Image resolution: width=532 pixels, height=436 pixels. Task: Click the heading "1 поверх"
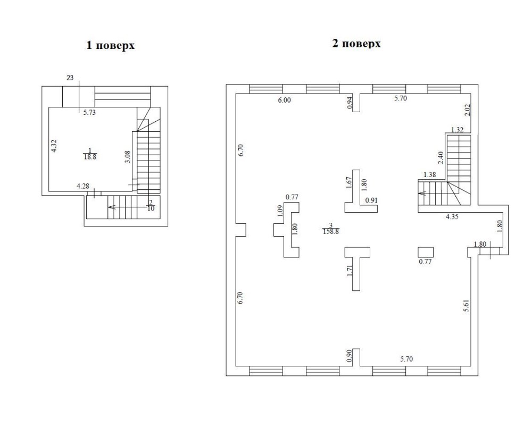111,45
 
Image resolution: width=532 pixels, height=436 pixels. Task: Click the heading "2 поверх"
356,44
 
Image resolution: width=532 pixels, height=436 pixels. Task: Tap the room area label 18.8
90,157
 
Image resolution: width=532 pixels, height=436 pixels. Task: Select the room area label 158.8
331,232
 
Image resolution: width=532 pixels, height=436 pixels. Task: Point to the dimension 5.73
89,113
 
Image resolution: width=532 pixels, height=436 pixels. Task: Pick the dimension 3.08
128,157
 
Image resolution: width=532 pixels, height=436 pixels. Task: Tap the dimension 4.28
83,186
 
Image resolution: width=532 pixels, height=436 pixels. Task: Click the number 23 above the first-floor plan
70,78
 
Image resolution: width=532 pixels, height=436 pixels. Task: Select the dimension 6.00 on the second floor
284,100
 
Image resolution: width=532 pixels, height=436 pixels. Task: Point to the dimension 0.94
350,103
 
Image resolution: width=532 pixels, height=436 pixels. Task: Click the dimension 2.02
467,110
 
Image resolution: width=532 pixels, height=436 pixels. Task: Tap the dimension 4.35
452,216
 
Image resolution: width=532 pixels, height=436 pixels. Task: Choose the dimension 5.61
467,306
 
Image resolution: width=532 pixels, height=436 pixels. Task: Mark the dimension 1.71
350,271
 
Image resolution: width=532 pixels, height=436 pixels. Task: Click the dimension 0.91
371,200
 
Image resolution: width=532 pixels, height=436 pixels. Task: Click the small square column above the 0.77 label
426,252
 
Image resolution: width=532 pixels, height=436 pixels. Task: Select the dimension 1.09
280,212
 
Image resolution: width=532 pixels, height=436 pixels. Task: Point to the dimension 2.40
440,158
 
